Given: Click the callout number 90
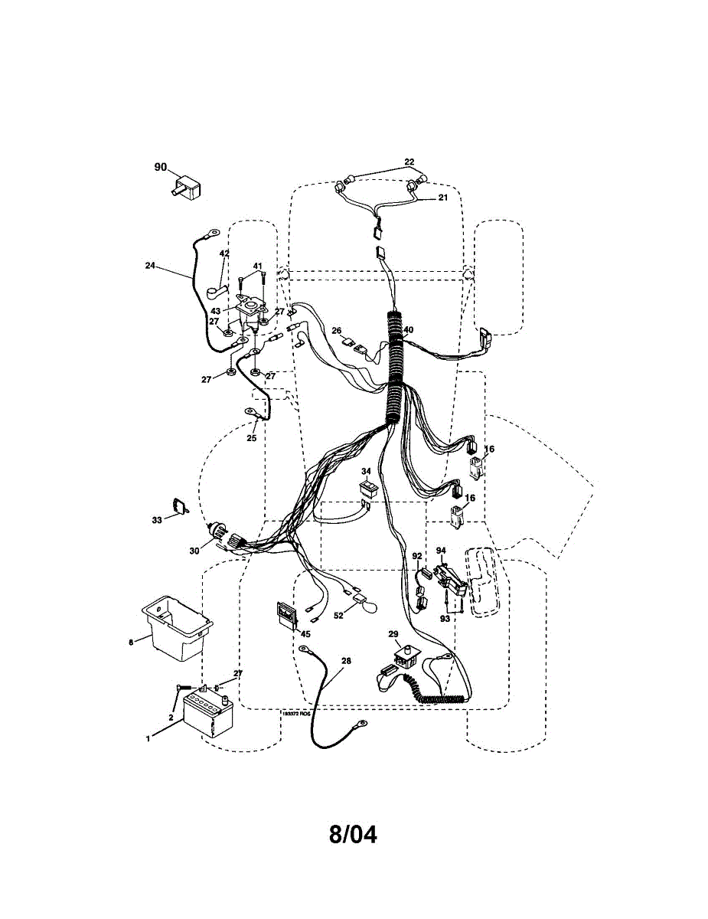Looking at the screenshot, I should tap(160, 167).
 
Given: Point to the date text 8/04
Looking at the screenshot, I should tap(353, 834).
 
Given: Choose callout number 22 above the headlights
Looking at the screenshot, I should tap(409, 162).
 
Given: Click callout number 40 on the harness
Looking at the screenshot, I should tap(409, 330).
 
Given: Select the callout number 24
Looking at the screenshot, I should tap(150, 266).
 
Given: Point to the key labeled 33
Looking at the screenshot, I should tap(181, 505).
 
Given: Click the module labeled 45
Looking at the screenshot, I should tap(286, 614).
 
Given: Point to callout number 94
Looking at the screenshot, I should tap(441, 551).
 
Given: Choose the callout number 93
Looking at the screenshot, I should tap(445, 617).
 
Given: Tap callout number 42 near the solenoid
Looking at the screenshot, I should tap(224, 253).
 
